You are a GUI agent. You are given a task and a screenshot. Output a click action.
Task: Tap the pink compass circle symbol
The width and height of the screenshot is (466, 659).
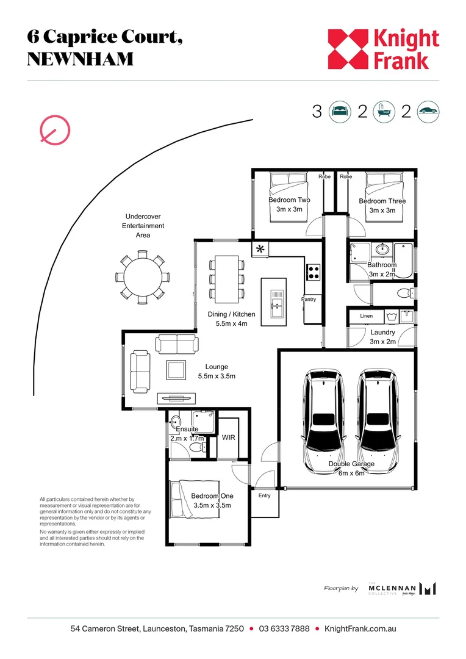pyautogui.click(x=55, y=129)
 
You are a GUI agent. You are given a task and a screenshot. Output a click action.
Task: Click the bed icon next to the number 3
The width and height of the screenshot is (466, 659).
pyautogui.click(x=340, y=112)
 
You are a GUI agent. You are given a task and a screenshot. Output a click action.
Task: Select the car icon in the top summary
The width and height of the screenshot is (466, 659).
pyautogui.click(x=428, y=112)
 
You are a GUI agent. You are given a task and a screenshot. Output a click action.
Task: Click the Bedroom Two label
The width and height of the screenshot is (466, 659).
pyautogui.click(x=289, y=200)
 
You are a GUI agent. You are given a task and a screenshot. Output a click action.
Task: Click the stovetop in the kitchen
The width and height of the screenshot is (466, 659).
pyautogui.click(x=314, y=272)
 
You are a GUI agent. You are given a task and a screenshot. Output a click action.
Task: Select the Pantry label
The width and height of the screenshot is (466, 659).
pyautogui.click(x=309, y=300)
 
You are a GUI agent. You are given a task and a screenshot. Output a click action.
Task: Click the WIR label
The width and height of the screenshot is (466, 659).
pyautogui.click(x=229, y=438)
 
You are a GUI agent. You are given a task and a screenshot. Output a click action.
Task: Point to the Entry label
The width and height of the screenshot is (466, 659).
pyautogui.click(x=264, y=495)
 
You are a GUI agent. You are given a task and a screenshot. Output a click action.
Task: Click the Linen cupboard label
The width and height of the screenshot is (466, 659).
pyautogui.click(x=366, y=316)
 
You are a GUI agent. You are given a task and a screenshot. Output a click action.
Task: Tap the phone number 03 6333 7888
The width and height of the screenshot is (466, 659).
pyautogui.click(x=284, y=628)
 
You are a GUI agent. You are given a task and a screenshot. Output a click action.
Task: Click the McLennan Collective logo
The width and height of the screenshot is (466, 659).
pyautogui.click(x=403, y=588)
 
